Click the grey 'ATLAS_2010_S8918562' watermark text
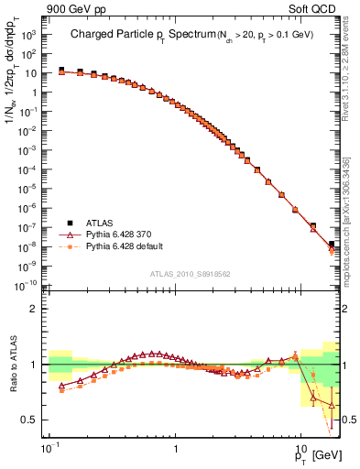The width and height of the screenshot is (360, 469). click(x=189, y=273)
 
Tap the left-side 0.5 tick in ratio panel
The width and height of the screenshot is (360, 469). click(x=31, y=420)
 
